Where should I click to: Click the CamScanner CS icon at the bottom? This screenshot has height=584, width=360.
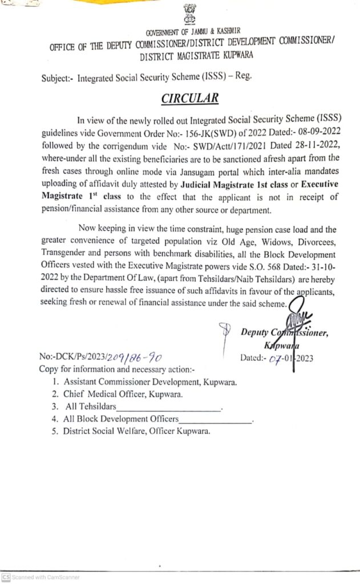[5, 577]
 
